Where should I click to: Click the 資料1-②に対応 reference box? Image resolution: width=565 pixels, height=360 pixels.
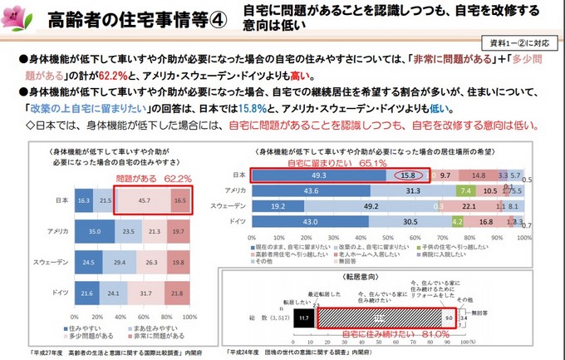[522, 42]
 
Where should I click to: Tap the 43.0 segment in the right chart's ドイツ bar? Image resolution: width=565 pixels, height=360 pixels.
[310, 222]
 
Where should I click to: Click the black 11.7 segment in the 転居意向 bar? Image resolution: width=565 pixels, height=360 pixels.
[304, 316]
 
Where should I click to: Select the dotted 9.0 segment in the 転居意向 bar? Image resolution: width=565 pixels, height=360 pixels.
[448, 316]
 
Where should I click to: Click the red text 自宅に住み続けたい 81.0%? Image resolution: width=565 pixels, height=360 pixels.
[391, 335]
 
